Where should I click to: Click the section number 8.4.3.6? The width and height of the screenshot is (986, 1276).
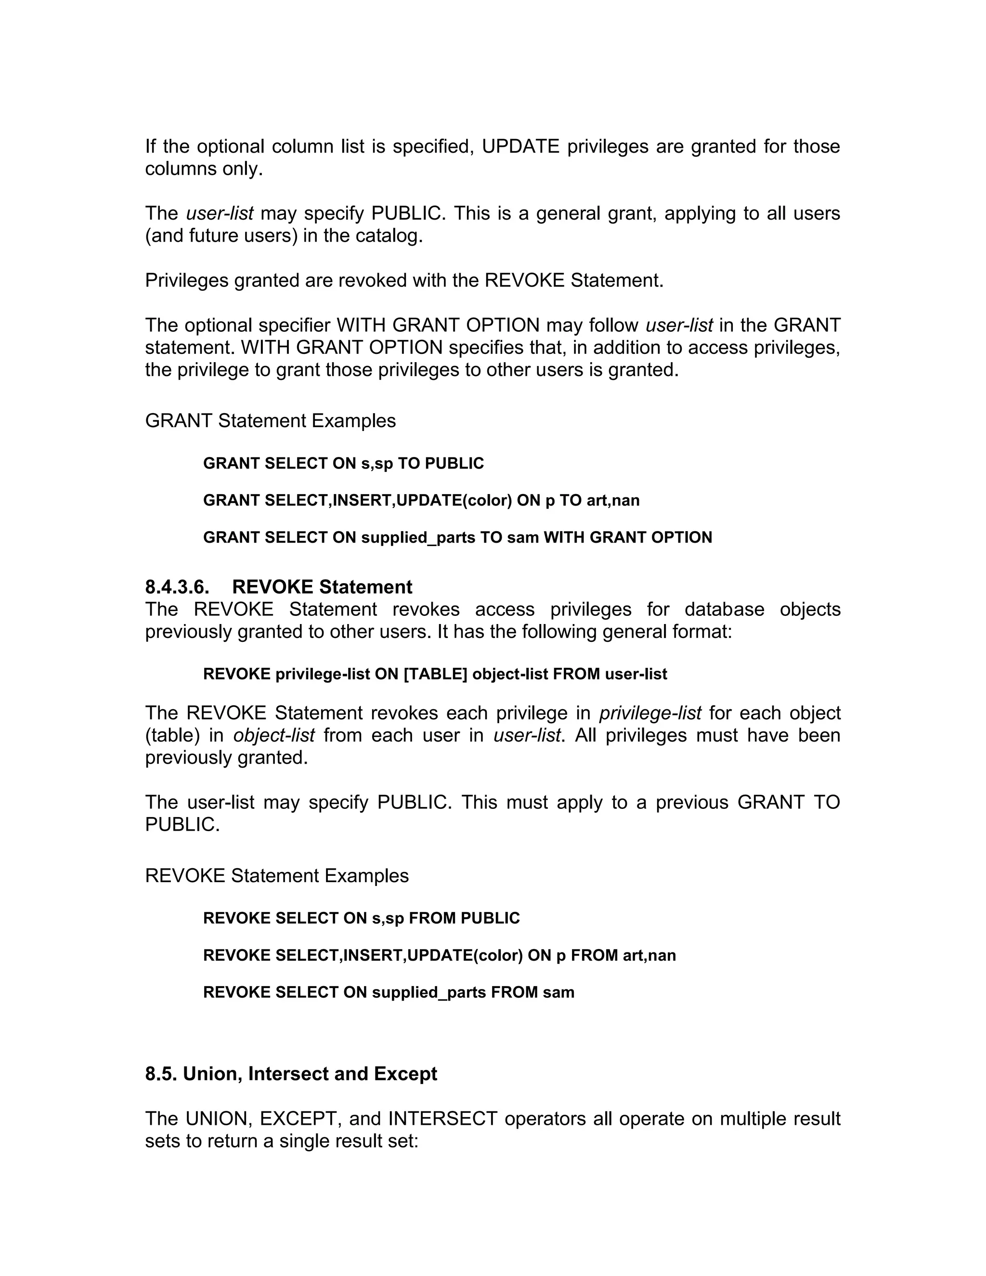point(177,586)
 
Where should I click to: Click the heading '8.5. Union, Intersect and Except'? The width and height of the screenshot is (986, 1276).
point(291,1074)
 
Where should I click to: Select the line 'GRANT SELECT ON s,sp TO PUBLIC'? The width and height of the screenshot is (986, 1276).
point(343,463)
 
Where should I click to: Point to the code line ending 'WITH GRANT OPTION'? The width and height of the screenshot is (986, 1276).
point(457,537)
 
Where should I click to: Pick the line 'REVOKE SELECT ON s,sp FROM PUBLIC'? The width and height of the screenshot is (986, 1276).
point(361,918)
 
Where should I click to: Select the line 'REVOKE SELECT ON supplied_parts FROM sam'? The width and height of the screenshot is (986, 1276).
point(389,992)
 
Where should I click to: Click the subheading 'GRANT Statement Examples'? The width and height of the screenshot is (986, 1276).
point(270,421)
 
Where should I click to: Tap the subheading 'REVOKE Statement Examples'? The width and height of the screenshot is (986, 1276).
point(277,876)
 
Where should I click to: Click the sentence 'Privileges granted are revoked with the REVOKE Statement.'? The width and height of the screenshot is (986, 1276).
point(404,280)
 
